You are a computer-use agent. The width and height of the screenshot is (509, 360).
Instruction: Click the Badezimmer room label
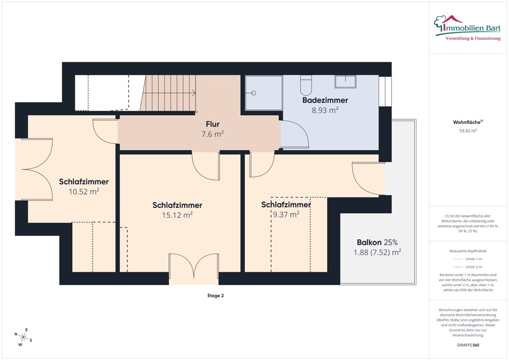(325, 100)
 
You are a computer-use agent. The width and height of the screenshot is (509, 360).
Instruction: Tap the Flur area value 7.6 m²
(213, 134)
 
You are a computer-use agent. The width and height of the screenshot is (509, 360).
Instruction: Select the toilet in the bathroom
(306, 85)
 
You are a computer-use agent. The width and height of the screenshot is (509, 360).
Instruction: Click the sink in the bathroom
(346, 81)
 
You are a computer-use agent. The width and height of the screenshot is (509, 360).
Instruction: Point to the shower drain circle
(254, 93)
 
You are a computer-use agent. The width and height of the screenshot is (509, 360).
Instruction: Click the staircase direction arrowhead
(194, 93)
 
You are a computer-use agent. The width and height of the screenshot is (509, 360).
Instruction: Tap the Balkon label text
(369, 242)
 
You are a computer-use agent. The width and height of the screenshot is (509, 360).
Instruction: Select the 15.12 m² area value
(177, 215)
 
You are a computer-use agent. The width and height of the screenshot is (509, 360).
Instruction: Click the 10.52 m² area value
(84, 191)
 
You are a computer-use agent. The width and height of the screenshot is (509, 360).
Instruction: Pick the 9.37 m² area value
(286, 214)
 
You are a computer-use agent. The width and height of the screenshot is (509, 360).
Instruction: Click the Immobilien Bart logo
(467, 27)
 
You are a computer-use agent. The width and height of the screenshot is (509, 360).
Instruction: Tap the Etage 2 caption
(215, 296)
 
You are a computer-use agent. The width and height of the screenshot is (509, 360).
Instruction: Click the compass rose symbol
(23, 337)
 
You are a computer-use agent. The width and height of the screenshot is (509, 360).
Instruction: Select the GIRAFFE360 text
(468, 345)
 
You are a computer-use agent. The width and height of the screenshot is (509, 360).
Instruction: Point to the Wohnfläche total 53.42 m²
(468, 131)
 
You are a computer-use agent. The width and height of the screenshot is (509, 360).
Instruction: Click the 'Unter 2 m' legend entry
(468, 267)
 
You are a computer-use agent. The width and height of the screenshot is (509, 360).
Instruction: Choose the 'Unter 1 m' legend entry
(468, 259)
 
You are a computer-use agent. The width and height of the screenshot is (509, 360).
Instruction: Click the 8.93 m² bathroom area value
(325, 110)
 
